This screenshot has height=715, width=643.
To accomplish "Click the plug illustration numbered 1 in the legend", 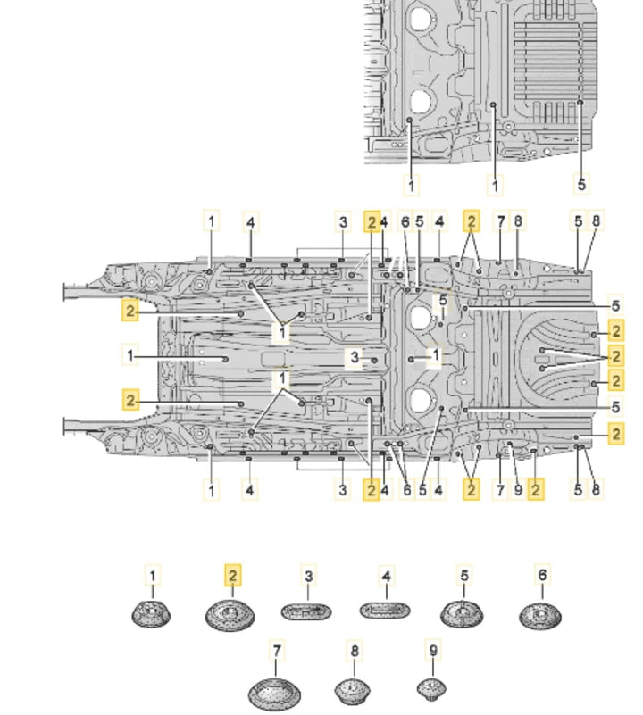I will click(x=152, y=614).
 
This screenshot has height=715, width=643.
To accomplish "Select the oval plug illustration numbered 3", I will click(x=306, y=612).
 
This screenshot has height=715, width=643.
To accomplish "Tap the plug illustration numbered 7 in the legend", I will click(x=274, y=693).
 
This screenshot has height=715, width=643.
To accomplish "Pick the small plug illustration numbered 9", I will click(x=431, y=688).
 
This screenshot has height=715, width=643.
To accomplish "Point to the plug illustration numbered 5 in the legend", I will click(x=463, y=613).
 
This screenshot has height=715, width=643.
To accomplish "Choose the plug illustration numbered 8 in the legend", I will click(x=353, y=690).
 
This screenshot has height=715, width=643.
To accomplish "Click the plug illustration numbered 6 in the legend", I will click(x=541, y=615).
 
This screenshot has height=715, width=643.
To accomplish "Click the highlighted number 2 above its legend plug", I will click(x=232, y=576).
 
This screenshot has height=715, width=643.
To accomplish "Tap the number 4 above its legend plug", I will click(x=387, y=578).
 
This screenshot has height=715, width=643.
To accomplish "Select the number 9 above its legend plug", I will click(x=433, y=650).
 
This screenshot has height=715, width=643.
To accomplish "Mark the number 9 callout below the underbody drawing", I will click(x=517, y=489).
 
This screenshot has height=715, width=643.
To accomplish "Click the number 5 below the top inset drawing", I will click(x=581, y=184).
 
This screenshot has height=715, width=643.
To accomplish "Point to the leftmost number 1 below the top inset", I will click(x=411, y=185).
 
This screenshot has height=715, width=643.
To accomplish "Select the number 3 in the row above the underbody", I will click(x=342, y=221).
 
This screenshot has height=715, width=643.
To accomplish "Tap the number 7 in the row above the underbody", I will click(x=500, y=221).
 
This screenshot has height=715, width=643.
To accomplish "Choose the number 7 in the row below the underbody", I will click(x=500, y=489).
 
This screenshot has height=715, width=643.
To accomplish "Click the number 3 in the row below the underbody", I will click(x=342, y=489).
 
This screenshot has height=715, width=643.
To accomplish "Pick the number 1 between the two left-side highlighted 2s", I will click(x=130, y=355).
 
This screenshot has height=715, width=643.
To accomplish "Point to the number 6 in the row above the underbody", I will click(x=405, y=221).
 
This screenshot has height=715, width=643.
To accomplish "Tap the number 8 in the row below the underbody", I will click(x=596, y=489).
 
